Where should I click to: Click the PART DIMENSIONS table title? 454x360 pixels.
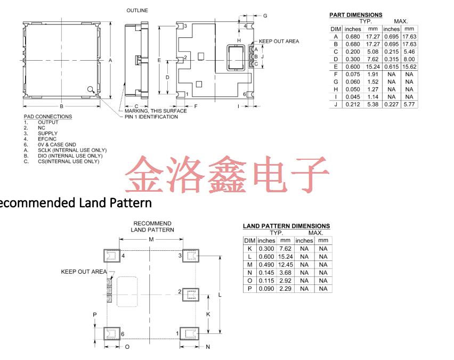tap(355, 15)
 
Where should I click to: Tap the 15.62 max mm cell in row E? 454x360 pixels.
tap(409, 67)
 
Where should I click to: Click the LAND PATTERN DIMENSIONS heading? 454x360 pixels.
tap(286, 226)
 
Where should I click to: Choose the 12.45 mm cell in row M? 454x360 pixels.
tap(286, 265)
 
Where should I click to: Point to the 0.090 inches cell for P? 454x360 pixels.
tap(266, 289)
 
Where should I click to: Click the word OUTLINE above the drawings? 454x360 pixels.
tap(137, 11)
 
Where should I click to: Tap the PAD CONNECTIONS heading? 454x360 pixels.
tap(48, 117)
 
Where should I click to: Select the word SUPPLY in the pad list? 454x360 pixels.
tap(47, 134)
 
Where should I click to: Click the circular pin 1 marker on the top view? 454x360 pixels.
tap(91, 89)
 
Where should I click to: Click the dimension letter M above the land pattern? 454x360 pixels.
tap(151, 240)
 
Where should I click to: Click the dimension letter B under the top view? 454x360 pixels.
tap(61, 106)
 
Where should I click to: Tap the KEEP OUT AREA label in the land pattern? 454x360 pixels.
tap(84, 272)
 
